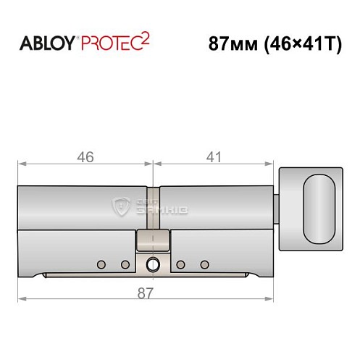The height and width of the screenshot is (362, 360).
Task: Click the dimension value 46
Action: click(x=86, y=156)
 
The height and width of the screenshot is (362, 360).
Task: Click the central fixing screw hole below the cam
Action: click(x=153, y=264)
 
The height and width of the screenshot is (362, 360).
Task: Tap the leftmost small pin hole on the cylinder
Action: click(x=101, y=264)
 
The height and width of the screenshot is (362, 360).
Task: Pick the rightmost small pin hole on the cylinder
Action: click(x=204, y=264)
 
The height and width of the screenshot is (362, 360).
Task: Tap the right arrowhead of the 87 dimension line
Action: click(x=273, y=298)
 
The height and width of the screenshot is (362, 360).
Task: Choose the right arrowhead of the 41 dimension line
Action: click(x=273, y=166)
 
